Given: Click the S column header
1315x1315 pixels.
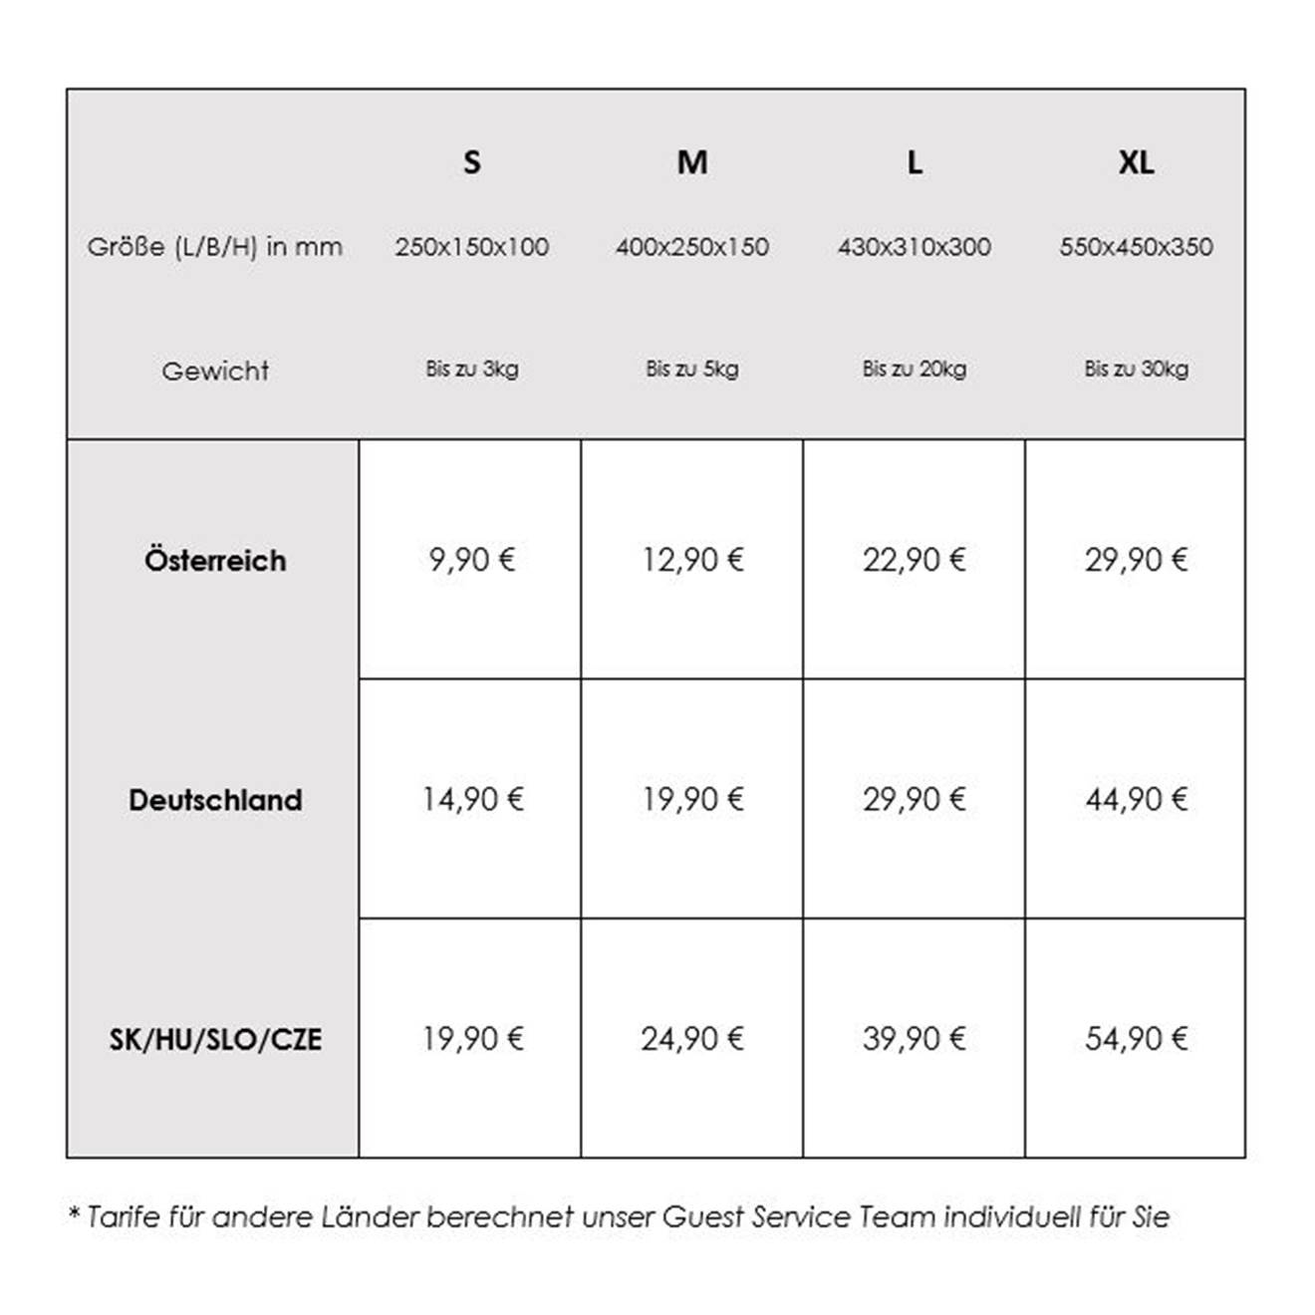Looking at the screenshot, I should coord(471,161).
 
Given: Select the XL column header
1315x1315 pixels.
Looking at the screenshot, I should coord(1136,161).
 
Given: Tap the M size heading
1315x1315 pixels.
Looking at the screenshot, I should coord(692,161).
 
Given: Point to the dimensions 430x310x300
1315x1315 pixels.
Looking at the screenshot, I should coord(914,247).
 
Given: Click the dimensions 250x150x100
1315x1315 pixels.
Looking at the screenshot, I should coord(471,247).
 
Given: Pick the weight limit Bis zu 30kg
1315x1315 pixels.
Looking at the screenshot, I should coord(1136,369).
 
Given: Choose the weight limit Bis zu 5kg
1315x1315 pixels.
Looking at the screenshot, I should coord(692,369).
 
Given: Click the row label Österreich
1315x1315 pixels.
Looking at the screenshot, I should coord(215,560).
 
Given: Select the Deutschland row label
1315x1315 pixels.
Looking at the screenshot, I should coord(215,800).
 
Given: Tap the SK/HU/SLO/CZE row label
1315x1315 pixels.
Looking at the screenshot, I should coord(215,1039).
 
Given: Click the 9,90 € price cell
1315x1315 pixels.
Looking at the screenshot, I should coord(471,560).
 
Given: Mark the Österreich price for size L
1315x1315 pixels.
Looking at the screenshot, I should coord(914,560).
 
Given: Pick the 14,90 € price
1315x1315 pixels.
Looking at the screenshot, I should coord(471,799).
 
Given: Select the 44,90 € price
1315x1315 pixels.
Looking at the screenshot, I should coord(1136,799).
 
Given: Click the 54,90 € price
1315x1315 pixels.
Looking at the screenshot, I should coord(1136,1039).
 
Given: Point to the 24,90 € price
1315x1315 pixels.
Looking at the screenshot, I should coord(692,1039).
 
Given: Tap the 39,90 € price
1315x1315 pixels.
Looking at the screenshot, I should coord(914,1039).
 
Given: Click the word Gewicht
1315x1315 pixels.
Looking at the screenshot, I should coord(215,371).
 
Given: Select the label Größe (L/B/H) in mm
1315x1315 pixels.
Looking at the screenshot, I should coord(215,247).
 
